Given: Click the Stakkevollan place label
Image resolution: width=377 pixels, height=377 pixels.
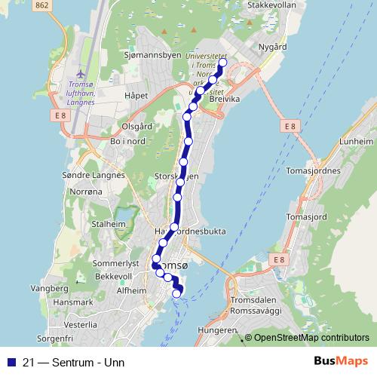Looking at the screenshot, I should point(271,5).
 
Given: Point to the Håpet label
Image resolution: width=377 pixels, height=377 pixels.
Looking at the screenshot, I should point(136,96).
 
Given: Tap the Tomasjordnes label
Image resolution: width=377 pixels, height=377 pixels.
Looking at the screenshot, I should point(314,170).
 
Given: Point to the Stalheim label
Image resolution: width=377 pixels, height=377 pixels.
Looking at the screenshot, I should point(106,224).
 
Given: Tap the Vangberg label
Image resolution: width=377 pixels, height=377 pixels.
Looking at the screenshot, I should point(49,288).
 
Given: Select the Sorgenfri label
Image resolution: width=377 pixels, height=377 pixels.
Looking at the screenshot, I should point(54,340).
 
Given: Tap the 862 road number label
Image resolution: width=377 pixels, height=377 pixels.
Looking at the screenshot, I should point(42,5).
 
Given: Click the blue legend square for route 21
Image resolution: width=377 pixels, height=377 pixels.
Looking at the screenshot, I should point(11,361).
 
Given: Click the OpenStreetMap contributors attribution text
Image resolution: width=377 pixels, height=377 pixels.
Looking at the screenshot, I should point(311,338).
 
